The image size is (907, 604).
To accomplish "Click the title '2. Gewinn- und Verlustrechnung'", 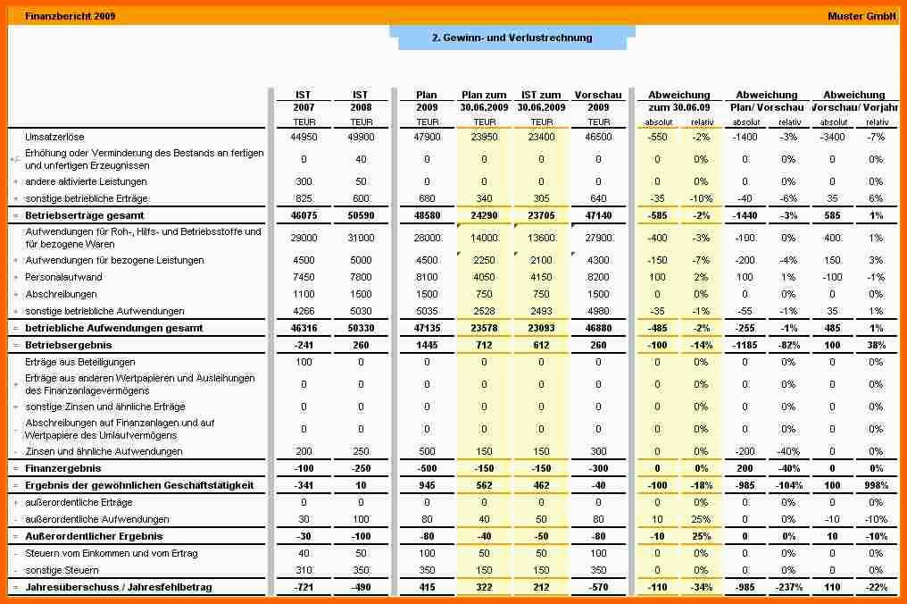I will tap(512, 38).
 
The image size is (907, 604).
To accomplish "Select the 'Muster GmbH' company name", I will tap(862, 16).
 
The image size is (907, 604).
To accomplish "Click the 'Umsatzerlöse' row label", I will tap(54, 137).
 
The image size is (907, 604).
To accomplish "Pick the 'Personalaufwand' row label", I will tap(63, 277).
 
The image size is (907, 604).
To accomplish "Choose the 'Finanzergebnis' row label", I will tap(62, 468).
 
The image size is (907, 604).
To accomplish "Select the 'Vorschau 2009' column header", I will tap(598, 101).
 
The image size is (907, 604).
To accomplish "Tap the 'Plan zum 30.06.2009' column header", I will tap(484, 101).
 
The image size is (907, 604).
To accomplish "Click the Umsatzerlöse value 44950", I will tap(304, 137).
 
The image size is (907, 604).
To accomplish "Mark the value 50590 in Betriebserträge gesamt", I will tap(361, 215).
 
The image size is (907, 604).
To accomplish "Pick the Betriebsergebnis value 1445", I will tap(427, 344).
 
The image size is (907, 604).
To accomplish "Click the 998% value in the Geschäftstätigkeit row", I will tap(877, 485).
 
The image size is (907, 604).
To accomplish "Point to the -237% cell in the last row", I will tap(789, 587).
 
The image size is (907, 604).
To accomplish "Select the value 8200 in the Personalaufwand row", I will tap(598, 277).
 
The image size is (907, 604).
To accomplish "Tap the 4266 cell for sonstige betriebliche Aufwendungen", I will tap(304, 311).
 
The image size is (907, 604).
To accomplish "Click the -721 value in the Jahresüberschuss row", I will tap(304, 587).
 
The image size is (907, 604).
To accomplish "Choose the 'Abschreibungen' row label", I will tap(60, 294).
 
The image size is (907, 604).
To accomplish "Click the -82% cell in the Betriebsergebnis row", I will tap(789, 344).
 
